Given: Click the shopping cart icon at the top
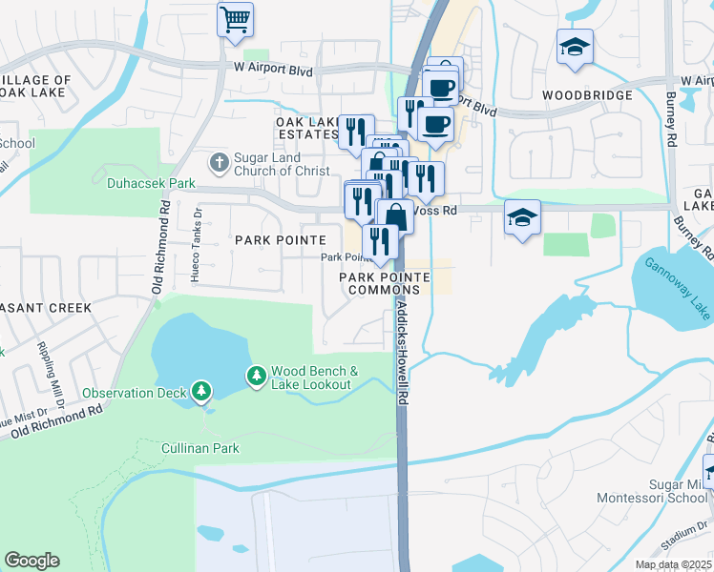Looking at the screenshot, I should point(235,18).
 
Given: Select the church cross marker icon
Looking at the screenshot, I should point(219,161).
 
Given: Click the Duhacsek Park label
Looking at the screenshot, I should point(151,182).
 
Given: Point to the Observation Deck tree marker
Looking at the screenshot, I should point(200,391).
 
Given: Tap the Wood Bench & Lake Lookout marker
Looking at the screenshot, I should point(257,377).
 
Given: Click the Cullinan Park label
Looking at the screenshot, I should point(200,447).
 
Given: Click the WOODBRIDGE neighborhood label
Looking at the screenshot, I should point(586,96).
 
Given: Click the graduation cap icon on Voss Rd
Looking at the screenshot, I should point(522,218).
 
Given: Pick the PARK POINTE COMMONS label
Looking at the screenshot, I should point(386,282).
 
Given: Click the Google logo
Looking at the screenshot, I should point(31,561).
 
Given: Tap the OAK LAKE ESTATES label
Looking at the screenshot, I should point(307,128).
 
